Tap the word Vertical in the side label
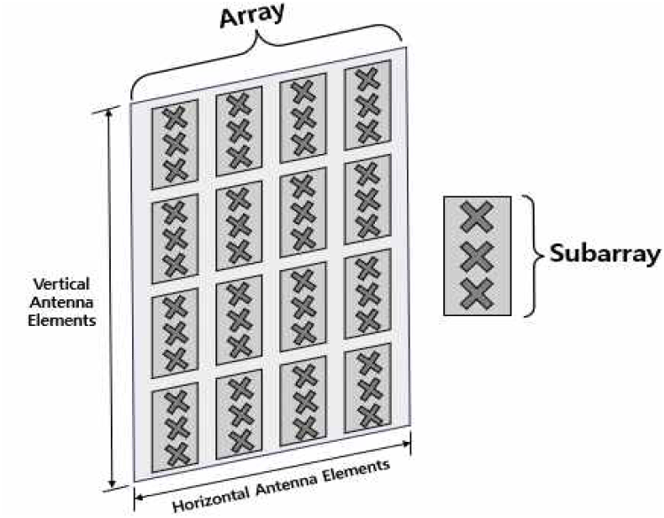pyautogui.click(x=63, y=285)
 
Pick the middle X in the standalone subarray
pyautogui.click(x=477, y=256)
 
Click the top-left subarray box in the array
pyautogui.click(x=176, y=146)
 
